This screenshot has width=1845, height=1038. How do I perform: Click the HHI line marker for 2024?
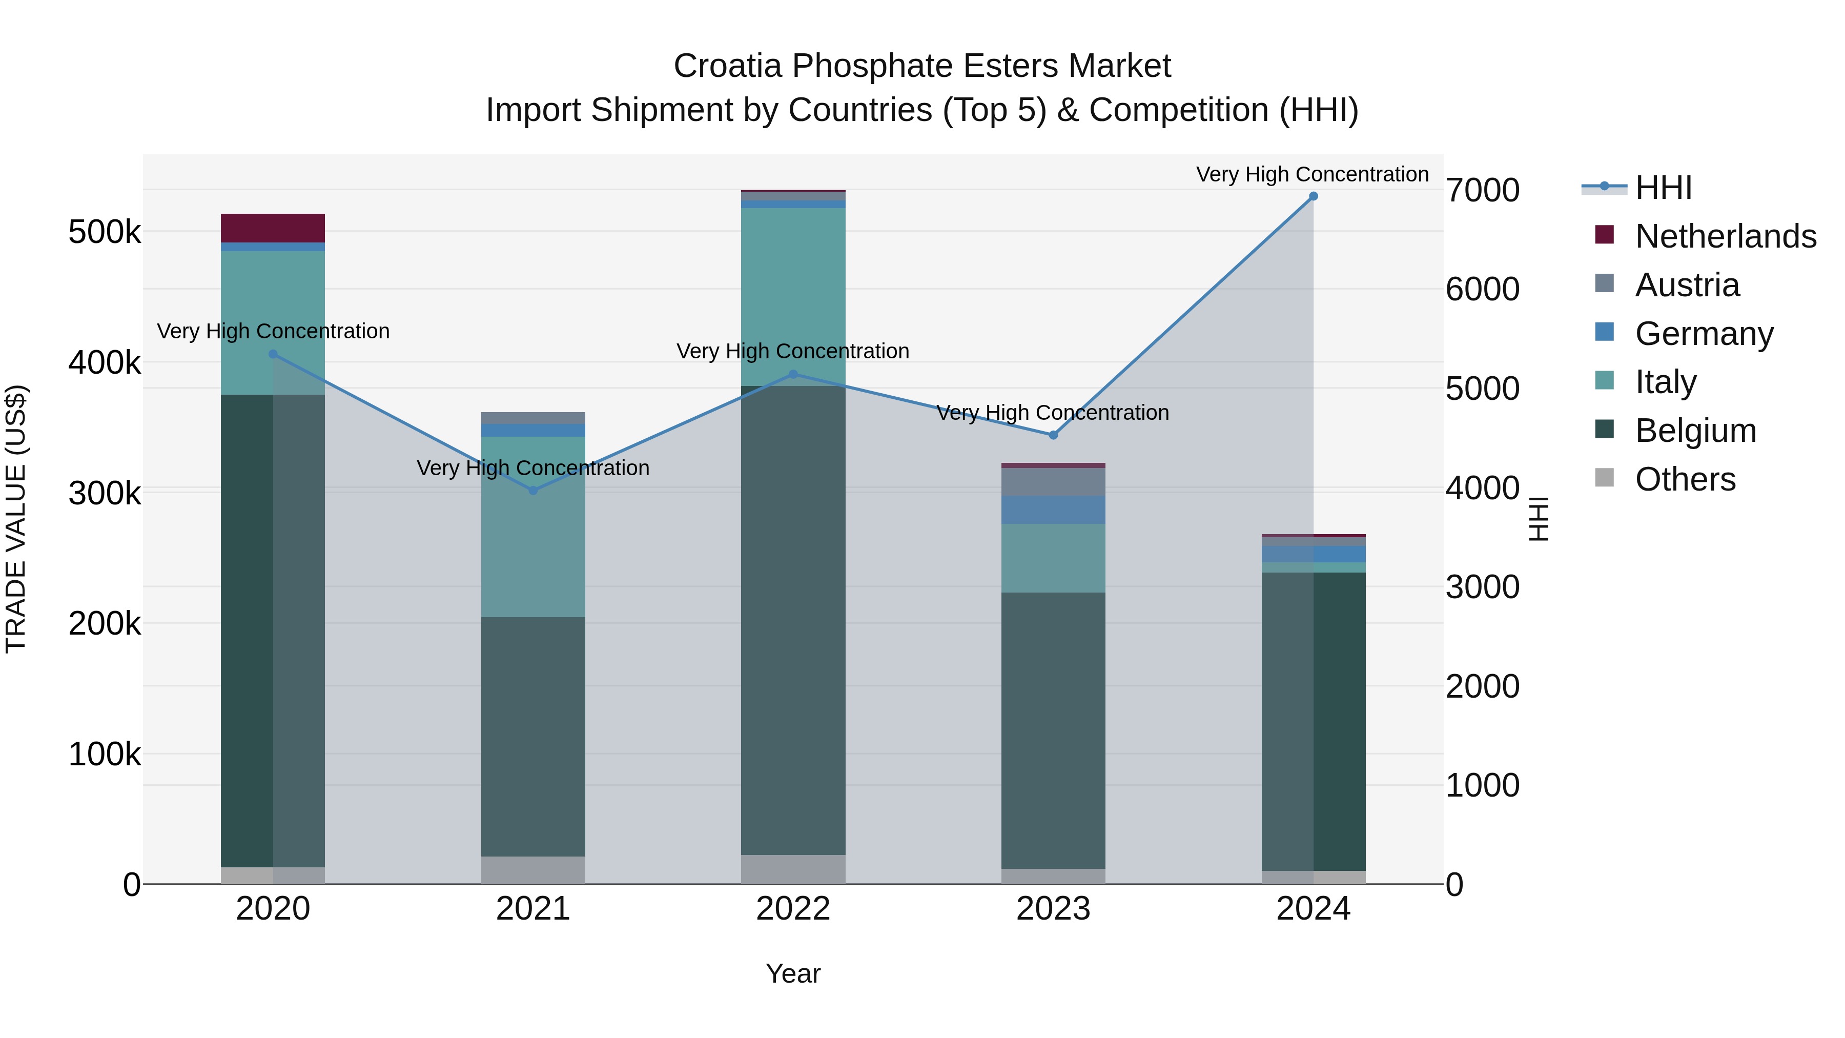click(1313, 196)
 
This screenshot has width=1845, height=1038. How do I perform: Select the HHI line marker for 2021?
click(533, 491)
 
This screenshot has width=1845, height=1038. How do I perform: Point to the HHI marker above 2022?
click(793, 375)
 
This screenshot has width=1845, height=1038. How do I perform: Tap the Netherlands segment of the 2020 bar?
click(272, 228)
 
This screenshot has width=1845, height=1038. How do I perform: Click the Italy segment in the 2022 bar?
click(793, 297)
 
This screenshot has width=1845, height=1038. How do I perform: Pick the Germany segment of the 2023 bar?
click(1053, 510)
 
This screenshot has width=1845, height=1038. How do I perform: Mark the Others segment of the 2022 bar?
click(793, 869)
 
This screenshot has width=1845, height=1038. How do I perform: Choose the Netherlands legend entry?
click(1725, 236)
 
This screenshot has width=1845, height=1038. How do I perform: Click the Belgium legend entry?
click(1695, 431)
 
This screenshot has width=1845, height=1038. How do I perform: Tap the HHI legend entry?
click(1663, 188)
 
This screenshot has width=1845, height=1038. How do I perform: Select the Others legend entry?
click(1685, 479)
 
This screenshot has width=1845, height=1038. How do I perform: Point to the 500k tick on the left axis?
click(105, 232)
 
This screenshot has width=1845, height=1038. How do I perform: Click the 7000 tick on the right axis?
click(1482, 191)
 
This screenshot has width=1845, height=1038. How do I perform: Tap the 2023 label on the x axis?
click(1053, 909)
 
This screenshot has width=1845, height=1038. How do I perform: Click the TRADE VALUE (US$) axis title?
click(16, 519)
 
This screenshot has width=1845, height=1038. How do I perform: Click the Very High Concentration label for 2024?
click(1312, 174)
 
